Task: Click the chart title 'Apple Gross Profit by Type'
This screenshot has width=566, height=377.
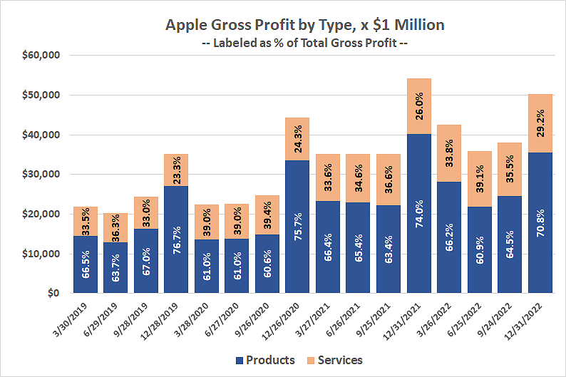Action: pos(304,25)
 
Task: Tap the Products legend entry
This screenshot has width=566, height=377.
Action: pos(264,360)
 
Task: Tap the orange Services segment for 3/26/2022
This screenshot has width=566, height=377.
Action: pos(450,143)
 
